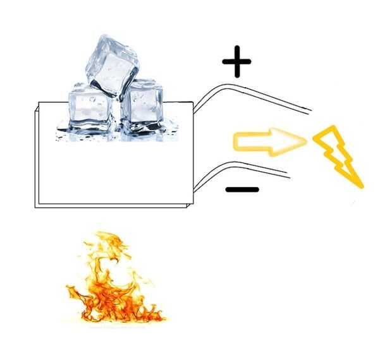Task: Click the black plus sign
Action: (x=237, y=61)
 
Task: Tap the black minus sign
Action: (x=242, y=189)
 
